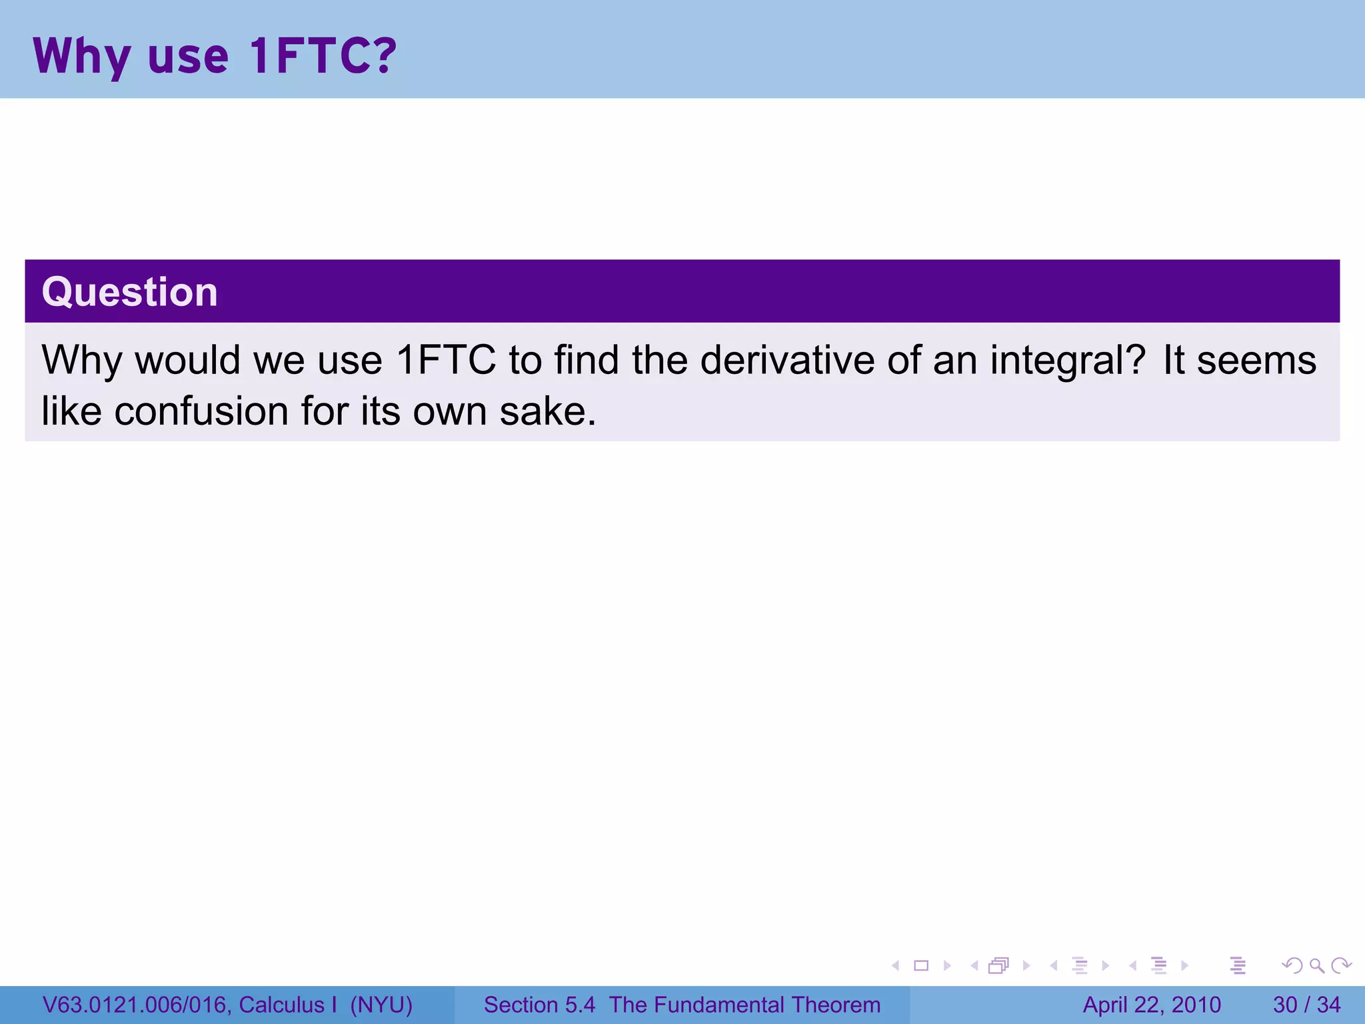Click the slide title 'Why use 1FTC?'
pos(215,56)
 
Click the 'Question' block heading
pos(130,292)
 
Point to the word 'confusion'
pos(201,411)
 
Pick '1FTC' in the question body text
pos(446,360)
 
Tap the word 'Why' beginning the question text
pos(81,360)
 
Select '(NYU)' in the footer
pos(381,1005)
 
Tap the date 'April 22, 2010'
pos(1152,1005)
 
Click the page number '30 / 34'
pos(1306,1005)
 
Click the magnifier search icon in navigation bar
pos(1316,965)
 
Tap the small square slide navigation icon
pos(921,965)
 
